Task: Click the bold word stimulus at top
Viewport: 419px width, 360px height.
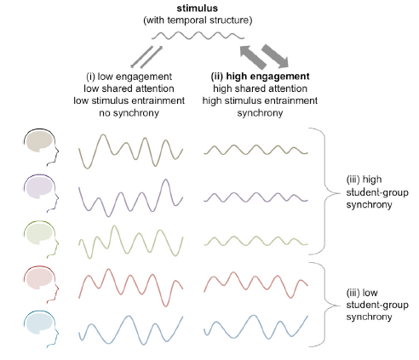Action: coord(198,8)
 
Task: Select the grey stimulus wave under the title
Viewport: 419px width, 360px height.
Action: coord(198,36)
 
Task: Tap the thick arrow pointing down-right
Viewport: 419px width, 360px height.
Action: coord(275,56)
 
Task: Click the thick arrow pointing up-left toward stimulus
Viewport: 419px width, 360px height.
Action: coord(253,57)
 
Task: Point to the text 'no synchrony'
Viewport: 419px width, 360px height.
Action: coord(129,113)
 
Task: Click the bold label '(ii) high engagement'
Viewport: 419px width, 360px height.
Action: coord(260,77)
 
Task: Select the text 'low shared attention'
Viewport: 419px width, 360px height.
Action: coord(129,89)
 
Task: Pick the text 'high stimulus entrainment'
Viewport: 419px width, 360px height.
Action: coord(260,100)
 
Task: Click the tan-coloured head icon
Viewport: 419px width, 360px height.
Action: coord(39,142)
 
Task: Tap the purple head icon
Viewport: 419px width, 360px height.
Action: coord(39,188)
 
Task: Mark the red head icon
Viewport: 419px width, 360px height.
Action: coord(39,279)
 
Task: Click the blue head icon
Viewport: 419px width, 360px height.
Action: coord(39,324)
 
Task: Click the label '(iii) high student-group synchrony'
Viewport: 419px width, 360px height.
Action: coord(377,192)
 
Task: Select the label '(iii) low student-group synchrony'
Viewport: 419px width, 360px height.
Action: coord(377,305)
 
